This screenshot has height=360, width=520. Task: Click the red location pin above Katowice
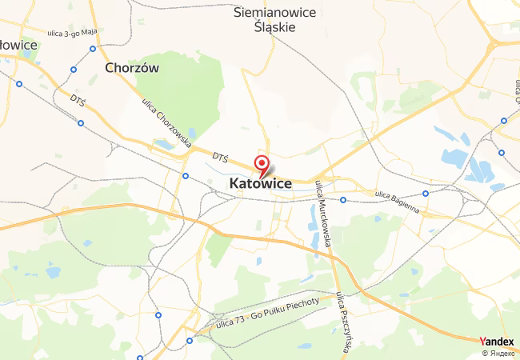[261, 165]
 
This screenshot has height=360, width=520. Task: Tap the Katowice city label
[261, 184]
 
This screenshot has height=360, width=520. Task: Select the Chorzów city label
[132, 68]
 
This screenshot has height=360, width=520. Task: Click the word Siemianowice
[274, 12]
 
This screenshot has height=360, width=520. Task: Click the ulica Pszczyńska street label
[346, 321]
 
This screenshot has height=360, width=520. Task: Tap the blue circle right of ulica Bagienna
[426, 193]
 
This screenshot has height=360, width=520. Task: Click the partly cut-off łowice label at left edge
[18, 45]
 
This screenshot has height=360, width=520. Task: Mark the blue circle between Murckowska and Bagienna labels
[342, 200]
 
